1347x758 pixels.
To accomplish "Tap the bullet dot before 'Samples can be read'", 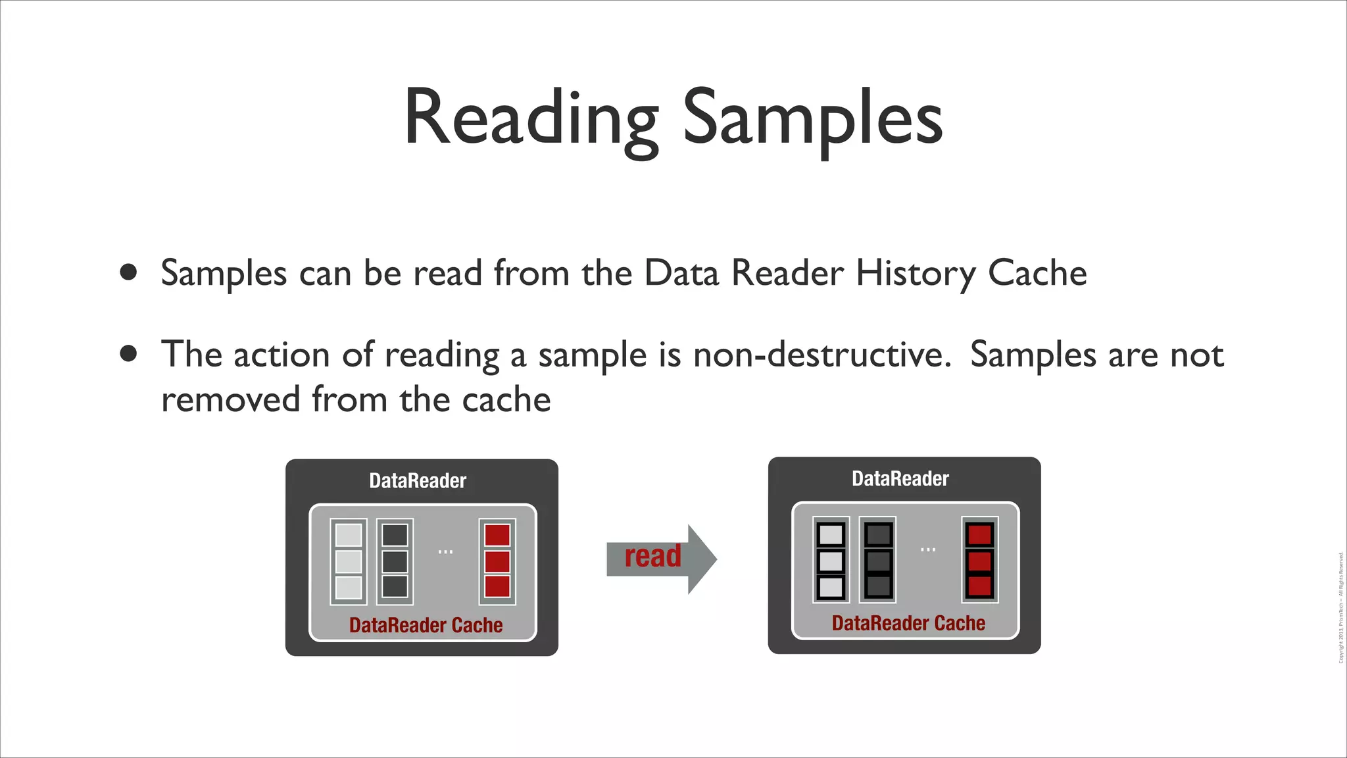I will coord(129,272).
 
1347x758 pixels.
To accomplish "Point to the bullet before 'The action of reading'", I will coord(129,354).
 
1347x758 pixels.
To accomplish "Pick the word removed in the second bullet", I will coord(230,399).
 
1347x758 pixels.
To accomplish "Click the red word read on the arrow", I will coord(652,557).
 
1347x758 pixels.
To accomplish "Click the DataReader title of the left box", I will coord(418,481).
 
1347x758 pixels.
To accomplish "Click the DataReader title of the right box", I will coord(900,478).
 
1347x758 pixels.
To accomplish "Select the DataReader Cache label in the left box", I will coord(426,625).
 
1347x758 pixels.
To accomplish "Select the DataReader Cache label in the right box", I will coord(908,623).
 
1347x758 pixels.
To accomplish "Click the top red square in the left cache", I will coord(497,535).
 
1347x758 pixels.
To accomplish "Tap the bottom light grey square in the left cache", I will coord(349,587).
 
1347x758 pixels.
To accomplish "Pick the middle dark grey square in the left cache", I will coord(395,561).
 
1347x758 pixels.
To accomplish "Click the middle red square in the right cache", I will coord(980,561).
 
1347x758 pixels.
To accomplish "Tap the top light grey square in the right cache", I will coord(831,534).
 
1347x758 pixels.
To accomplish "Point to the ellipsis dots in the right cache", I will coord(928,549).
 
